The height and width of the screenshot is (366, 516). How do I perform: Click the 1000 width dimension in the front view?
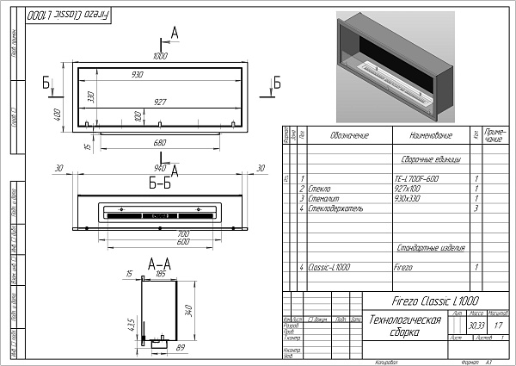pyautogui.click(x=160, y=57)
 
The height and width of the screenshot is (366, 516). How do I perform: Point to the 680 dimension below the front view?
pyautogui.click(x=160, y=141)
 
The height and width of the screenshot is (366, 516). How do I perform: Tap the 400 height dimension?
pyautogui.click(x=57, y=115)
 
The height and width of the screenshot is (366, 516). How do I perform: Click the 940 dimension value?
pyautogui.click(x=159, y=168)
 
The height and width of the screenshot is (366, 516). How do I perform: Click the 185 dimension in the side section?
pyautogui.click(x=160, y=273)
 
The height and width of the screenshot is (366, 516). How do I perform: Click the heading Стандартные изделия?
pyautogui.click(x=425, y=248)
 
